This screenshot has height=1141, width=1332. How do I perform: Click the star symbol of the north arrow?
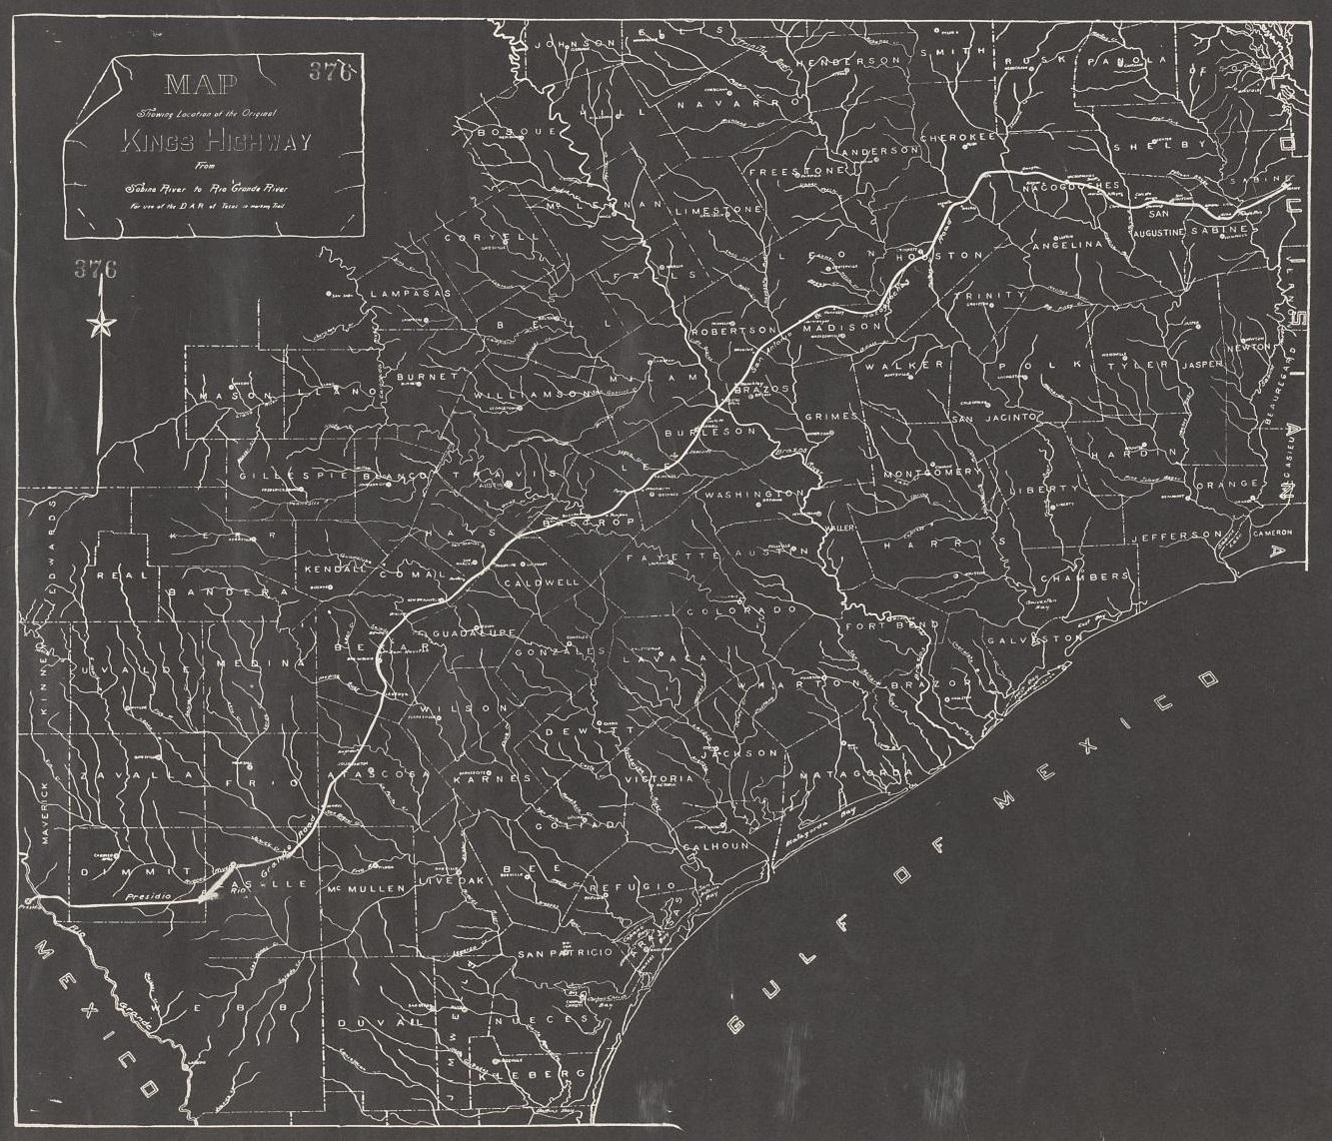(x=101, y=324)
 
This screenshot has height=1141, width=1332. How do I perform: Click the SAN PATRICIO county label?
(x=565, y=955)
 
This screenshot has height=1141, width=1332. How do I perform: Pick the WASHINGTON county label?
(x=755, y=496)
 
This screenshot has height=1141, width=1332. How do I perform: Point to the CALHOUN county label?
(x=715, y=845)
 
